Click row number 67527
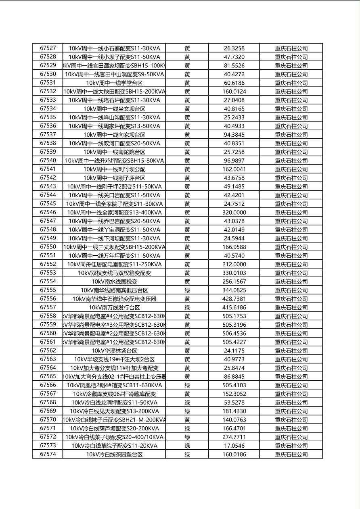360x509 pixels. (48, 48)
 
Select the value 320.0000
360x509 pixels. (234, 213)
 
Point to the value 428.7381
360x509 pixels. (234, 299)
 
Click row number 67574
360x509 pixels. (48, 455)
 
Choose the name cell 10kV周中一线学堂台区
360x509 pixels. (114, 83)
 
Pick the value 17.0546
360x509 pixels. (234, 446)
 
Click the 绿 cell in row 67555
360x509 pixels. (187, 290)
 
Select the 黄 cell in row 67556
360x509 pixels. (187, 299)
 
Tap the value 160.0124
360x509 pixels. (234, 92)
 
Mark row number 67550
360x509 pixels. (48, 247)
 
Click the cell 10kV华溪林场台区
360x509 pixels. (114, 351)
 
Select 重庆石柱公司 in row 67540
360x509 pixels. (291, 161)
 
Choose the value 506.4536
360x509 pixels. (234, 334)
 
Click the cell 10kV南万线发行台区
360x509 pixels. (114, 308)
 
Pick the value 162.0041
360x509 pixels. (234, 169)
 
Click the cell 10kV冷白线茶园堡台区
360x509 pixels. (114, 455)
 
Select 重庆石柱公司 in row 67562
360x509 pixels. (291, 351)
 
